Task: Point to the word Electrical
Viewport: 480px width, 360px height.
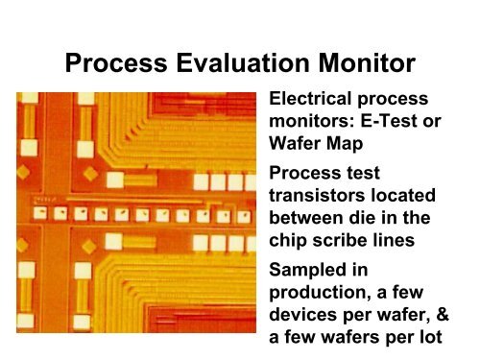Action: [315, 99]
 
